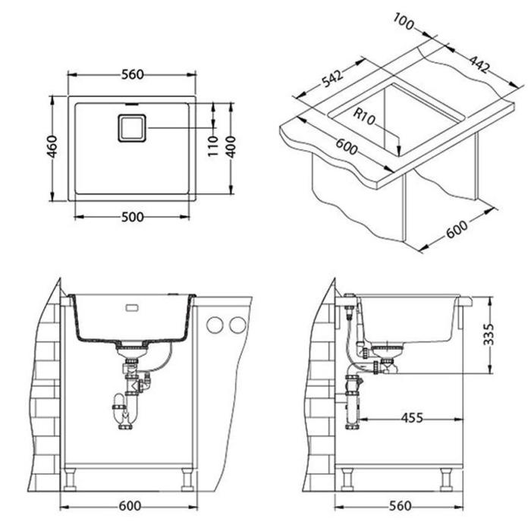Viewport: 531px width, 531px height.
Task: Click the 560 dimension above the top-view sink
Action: [x=133, y=74]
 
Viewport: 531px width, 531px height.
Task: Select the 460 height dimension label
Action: [x=52, y=146]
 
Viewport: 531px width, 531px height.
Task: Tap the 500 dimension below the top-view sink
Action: [x=133, y=217]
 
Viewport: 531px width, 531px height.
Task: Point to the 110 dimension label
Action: [x=212, y=146]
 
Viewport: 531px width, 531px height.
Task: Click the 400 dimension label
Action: [x=231, y=147]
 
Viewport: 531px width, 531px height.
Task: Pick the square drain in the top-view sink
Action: [x=132, y=128]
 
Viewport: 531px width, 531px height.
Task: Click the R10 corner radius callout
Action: [x=364, y=116]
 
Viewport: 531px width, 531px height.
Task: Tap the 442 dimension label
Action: [x=479, y=64]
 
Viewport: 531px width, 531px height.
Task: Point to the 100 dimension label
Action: [x=404, y=22]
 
